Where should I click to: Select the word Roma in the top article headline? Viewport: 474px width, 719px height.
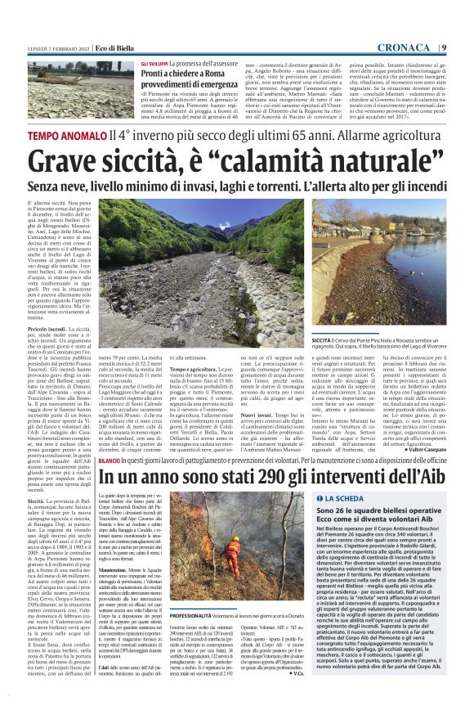coord(216,73)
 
